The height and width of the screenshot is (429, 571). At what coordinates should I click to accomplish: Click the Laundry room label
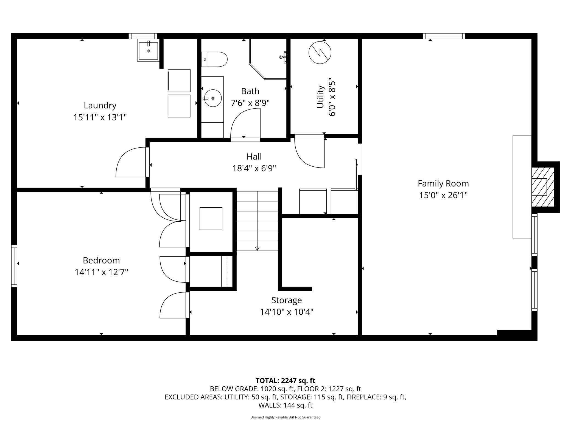[100, 105]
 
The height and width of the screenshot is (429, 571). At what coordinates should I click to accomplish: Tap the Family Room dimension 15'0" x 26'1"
[443, 195]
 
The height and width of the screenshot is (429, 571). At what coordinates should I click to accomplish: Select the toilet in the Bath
[214, 59]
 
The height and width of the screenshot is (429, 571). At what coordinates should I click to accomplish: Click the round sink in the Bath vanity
[212, 98]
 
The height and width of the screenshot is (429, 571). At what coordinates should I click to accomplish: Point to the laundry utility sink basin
[148, 51]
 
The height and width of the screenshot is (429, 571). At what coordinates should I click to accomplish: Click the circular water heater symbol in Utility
[320, 53]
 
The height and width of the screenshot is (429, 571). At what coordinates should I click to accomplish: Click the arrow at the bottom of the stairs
[257, 249]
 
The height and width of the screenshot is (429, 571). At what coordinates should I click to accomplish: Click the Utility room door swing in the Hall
[305, 159]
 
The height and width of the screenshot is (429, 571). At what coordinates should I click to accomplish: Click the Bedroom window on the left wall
[14, 266]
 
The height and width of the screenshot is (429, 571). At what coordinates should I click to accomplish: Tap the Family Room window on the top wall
[444, 36]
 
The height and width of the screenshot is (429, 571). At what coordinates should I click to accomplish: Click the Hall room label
[254, 156]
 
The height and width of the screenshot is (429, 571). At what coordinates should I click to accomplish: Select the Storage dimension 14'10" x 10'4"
[287, 312]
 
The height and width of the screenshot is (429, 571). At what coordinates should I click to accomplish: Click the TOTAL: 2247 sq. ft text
[285, 381]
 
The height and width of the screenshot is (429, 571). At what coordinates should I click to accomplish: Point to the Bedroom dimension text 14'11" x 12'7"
[101, 272]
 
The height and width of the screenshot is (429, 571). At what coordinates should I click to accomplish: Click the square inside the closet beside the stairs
[211, 219]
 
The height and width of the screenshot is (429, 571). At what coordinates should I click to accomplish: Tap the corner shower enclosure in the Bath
[268, 59]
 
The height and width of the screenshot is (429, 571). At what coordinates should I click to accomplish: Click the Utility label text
[320, 97]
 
